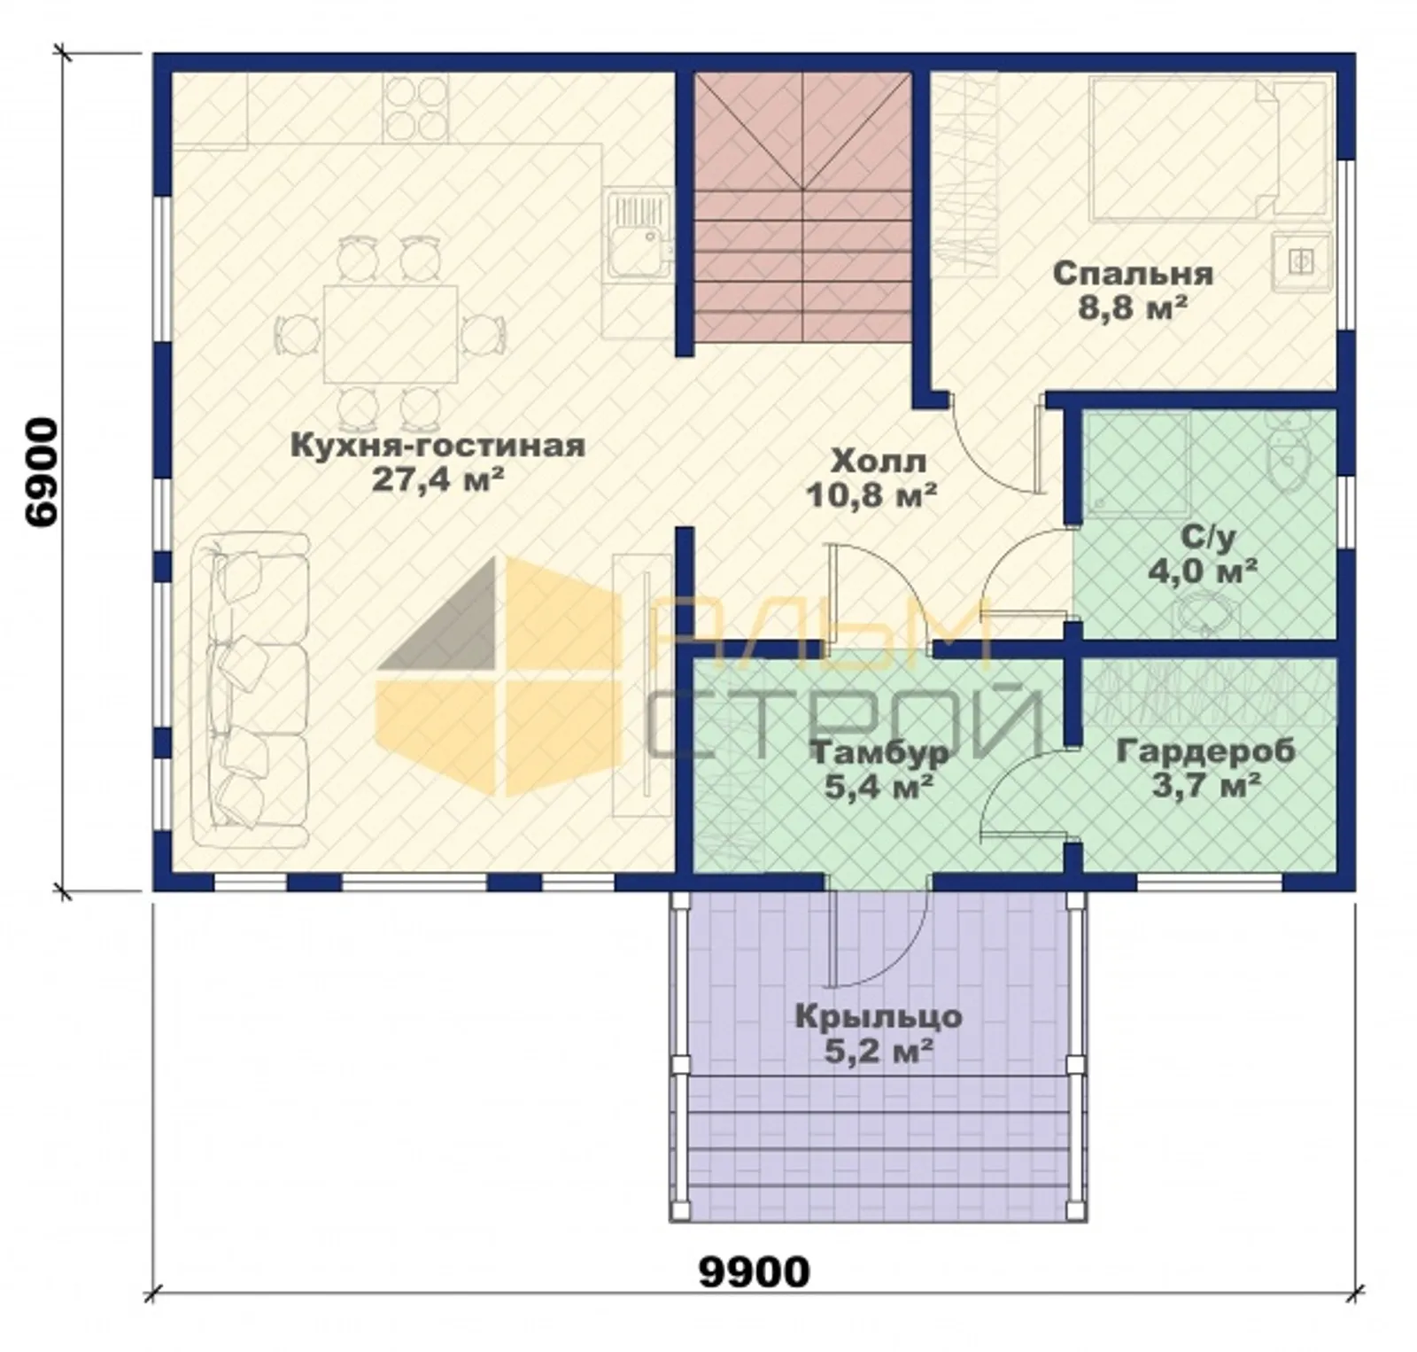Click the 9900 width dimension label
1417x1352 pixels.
point(755,1272)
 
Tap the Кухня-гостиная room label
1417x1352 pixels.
point(437,445)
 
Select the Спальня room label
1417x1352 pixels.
point(1133,274)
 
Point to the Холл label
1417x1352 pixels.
point(879,461)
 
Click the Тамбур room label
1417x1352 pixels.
point(880,753)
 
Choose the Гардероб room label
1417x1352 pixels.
point(1205,751)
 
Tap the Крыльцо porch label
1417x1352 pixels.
point(879,1016)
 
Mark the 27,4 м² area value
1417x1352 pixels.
point(437,479)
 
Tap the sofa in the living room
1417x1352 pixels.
point(251,690)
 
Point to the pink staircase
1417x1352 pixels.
point(802,208)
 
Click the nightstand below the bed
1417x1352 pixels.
point(1300,260)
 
